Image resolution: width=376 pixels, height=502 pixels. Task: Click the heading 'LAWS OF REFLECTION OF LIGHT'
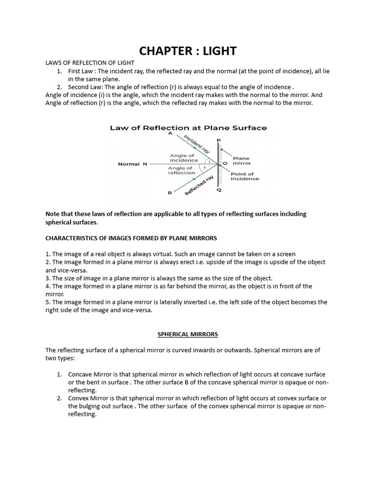coord(90,63)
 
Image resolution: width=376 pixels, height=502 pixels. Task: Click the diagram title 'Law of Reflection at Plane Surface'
coord(188,128)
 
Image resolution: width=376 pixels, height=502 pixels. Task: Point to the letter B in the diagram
coord(170,193)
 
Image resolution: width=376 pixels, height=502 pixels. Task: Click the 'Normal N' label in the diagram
coord(133,164)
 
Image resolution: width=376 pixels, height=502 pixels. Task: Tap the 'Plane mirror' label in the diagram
coord(241,161)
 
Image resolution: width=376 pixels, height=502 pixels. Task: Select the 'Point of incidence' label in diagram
coord(245,176)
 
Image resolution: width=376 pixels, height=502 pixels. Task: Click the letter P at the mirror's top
coord(218,140)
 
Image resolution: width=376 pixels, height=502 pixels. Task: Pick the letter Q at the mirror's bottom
coord(219,190)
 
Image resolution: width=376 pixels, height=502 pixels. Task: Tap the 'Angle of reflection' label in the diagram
coord(182,170)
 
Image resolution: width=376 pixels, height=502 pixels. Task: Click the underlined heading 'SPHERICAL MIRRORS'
coord(188,334)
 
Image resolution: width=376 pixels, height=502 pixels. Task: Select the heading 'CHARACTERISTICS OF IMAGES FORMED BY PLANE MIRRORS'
coord(131,238)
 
